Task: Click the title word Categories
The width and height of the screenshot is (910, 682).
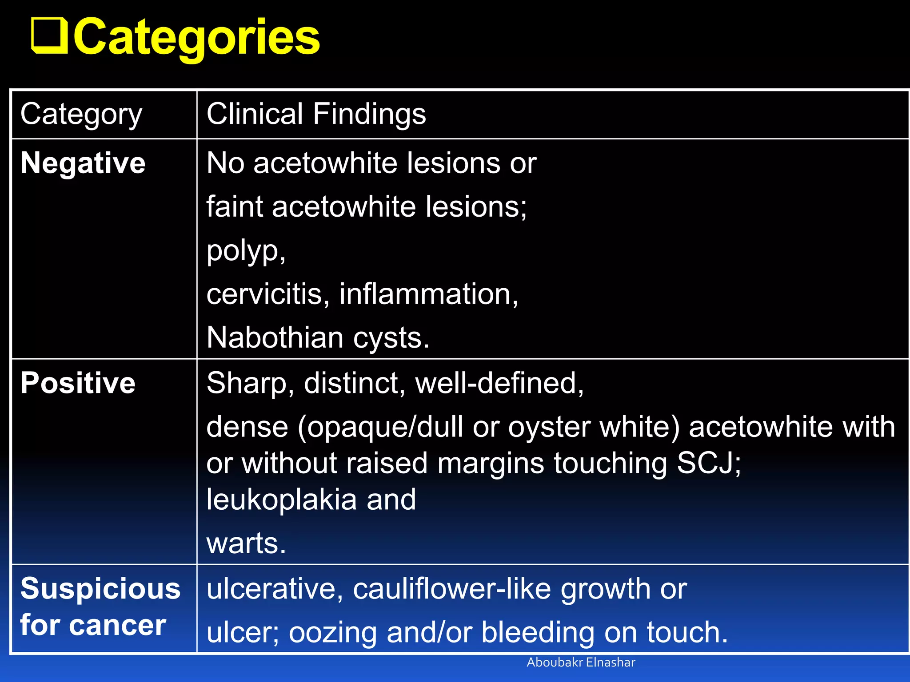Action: pos(196,37)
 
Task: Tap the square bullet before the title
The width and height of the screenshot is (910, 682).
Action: pos(49,36)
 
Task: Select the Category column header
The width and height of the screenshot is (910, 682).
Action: pos(81,115)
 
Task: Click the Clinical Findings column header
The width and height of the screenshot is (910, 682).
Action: pos(316,114)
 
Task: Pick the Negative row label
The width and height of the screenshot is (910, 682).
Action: pos(83,163)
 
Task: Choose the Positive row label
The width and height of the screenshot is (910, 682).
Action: pos(78,383)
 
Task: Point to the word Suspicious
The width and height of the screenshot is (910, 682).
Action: pos(100,589)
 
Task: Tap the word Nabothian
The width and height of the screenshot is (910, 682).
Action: pos(275,337)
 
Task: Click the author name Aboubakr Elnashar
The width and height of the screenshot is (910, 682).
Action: pos(581,662)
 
